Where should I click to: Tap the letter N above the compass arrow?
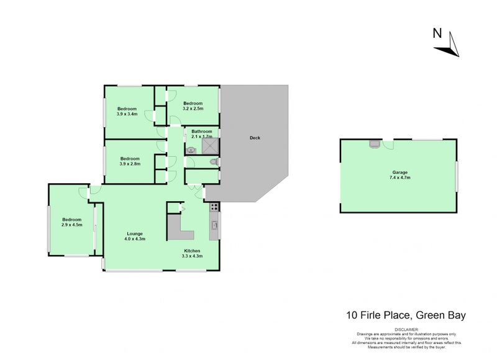[x=437, y=34]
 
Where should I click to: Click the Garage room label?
[x=399, y=173]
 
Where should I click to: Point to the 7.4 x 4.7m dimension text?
[x=399, y=178]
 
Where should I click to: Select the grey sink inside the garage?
[x=375, y=144]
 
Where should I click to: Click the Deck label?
[x=254, y=138]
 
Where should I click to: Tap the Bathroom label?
[x=202, y=132]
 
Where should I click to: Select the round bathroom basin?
[x=191, y=149]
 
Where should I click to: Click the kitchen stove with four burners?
[x=214, y=207]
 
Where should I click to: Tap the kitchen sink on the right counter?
[x=215, y=225]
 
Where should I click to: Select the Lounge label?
[x=135, y=233]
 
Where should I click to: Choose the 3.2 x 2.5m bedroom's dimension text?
[x=193, y=109]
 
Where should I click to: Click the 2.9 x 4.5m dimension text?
[x=71, y=225]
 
